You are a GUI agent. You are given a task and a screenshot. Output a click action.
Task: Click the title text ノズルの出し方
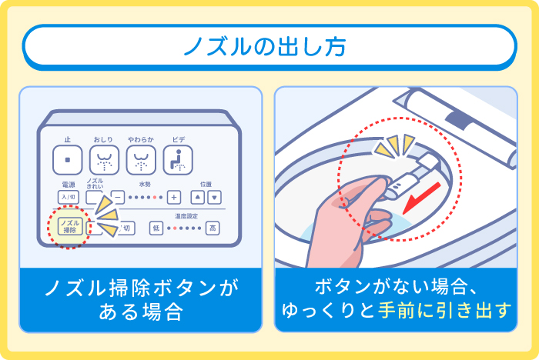pyautogui.click(x=269, y=48)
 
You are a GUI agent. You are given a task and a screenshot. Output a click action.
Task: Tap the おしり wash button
pyautogui.click(x=103, y=160)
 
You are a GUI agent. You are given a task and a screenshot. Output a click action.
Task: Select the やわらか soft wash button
pyautogui.click(x=140, y=160)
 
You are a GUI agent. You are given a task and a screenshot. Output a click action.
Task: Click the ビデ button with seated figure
pyautogui.click(x=178, y=160)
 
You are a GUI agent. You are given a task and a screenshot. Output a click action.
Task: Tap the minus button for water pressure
pyautogui.click(x=118, y=196)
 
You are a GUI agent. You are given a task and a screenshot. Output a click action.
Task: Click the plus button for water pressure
pyautogui.click(x=174, y=196)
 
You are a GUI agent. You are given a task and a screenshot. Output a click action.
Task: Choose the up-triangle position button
pyautogui.click(x=198, y=196)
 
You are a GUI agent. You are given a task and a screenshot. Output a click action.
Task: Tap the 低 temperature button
pyautogui.click(x=156, y=228)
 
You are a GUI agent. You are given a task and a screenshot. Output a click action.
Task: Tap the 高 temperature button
pyautogui.click(x=212, y=228)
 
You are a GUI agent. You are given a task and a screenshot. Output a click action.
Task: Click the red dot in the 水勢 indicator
pyautogui.click(x=154, y=197)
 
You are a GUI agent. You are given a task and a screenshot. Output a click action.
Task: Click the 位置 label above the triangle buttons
pyautogui.click(x=206, y=184)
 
